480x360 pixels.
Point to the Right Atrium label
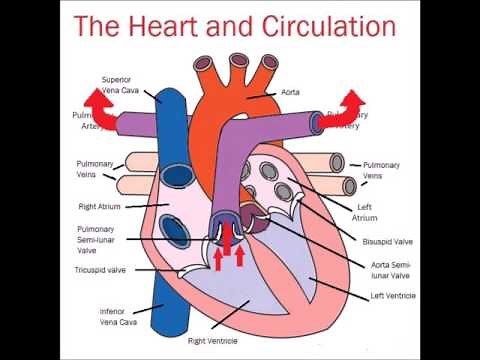pyautogui.click(x=99, y=207)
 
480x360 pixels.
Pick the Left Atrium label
pyautogui.click(x=367, y=212)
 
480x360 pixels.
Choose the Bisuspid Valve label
pyautogui.click(x=387, y=241)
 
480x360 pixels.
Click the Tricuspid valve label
pyautogui.click(x=100, y=270)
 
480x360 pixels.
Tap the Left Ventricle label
pyautogui.click(x=393, y=296)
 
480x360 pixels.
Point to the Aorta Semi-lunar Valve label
pyautogui.click(x=394, y=270)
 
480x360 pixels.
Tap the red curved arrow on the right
pyautogui.click(x=353, y=103)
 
